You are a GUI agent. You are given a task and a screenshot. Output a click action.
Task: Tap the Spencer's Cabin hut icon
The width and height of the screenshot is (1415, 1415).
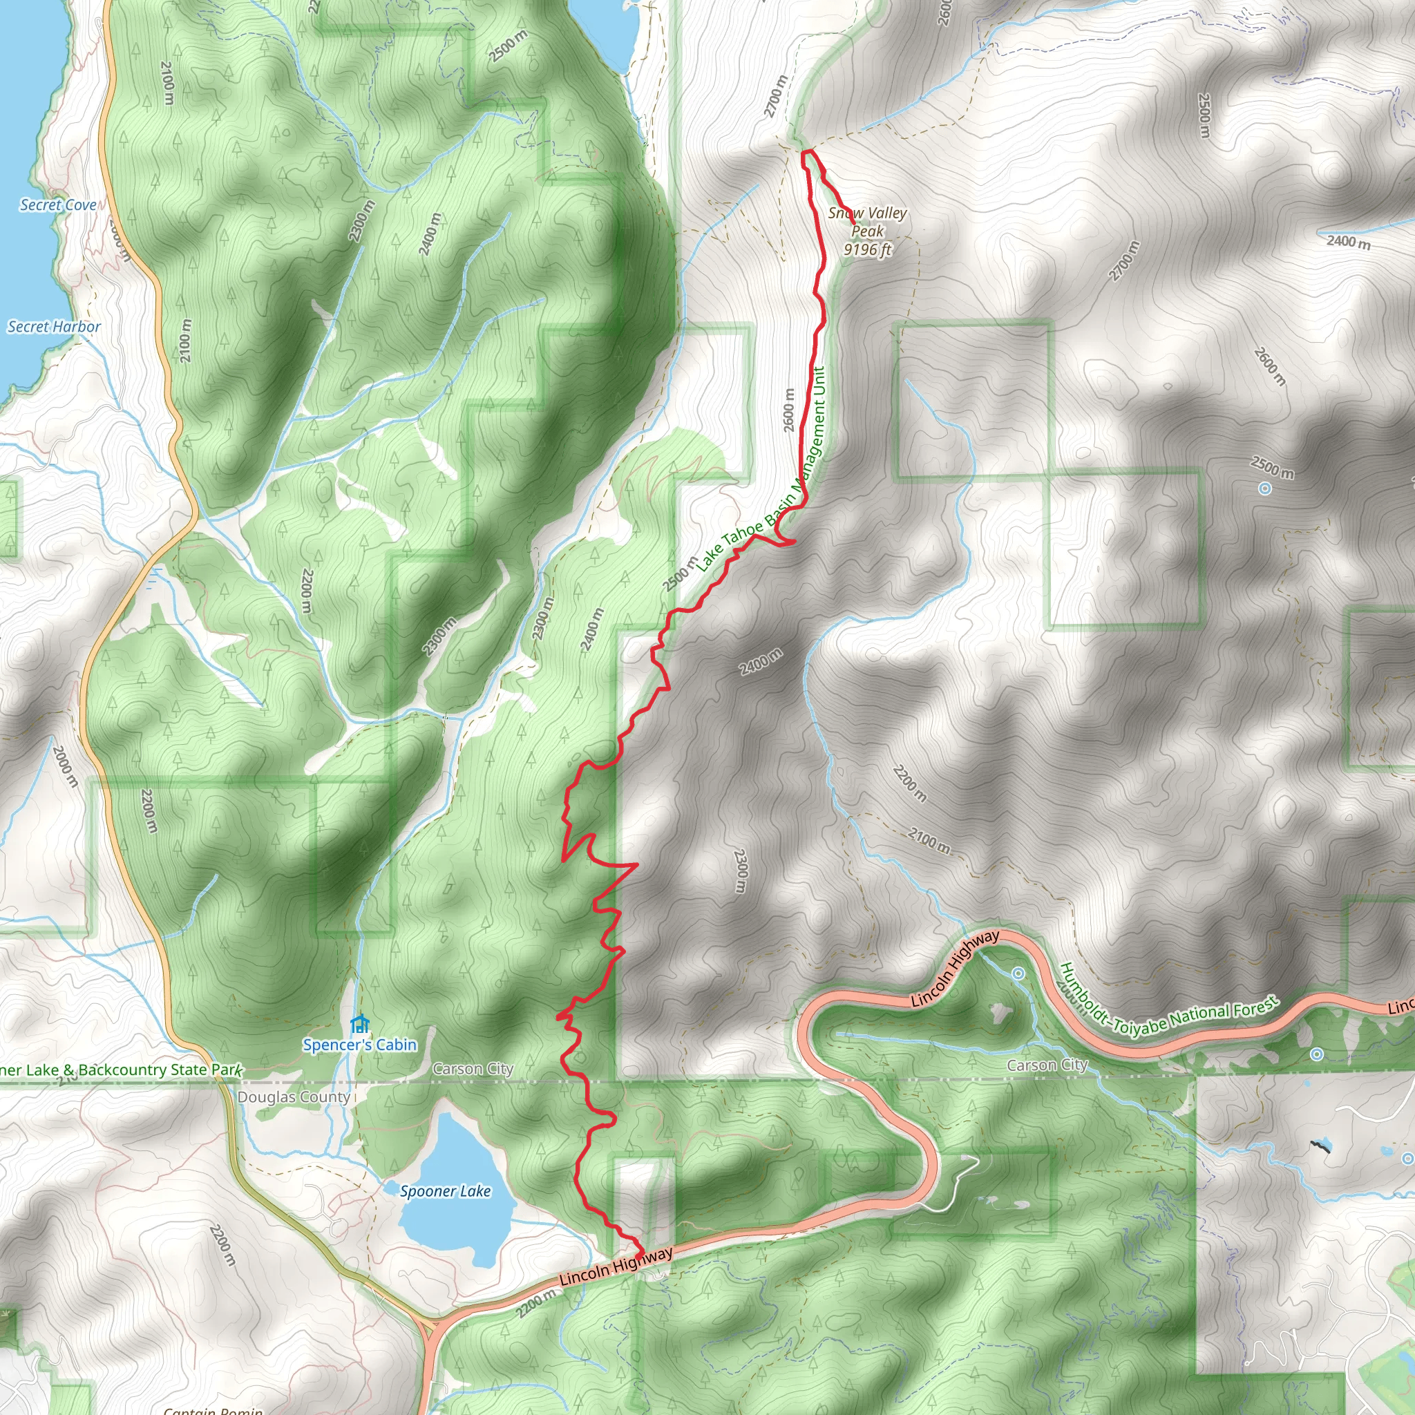(x=359, y=1023)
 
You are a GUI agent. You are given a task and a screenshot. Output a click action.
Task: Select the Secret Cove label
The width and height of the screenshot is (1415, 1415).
(x=58, y=205)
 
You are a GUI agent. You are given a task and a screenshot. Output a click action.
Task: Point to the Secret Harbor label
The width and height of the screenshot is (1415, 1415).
(x=54, y=327)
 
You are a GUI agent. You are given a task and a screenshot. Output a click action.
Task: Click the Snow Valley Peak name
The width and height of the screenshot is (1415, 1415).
(x=868, y=221)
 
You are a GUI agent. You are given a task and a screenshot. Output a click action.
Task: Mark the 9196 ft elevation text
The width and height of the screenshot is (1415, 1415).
(x=868, y=249)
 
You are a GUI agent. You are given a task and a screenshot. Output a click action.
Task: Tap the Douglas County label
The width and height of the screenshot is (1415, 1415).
(x=294, y=1096)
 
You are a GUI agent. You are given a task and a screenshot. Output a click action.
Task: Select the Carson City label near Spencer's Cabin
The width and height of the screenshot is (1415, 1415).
(x=473, y=1069)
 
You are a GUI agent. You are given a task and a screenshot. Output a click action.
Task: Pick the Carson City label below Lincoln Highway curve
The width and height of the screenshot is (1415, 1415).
(x=1047, y=1065)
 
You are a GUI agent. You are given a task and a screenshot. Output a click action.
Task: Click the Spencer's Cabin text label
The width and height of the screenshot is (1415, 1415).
(x=359, y=1045)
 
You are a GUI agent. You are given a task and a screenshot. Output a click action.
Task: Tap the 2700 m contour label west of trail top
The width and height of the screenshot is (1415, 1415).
(x=776, y=96)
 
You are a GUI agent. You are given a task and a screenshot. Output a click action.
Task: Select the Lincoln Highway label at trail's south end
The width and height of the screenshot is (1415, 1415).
(x=615, y=1266)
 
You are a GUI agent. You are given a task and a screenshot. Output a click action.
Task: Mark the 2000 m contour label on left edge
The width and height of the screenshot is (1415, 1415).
(x=65, y=766)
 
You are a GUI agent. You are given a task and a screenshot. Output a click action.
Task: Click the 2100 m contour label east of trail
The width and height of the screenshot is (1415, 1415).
(x=929, y=840)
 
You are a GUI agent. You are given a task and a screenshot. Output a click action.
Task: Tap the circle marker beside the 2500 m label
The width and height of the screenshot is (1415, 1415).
(x=1265, y=488)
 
